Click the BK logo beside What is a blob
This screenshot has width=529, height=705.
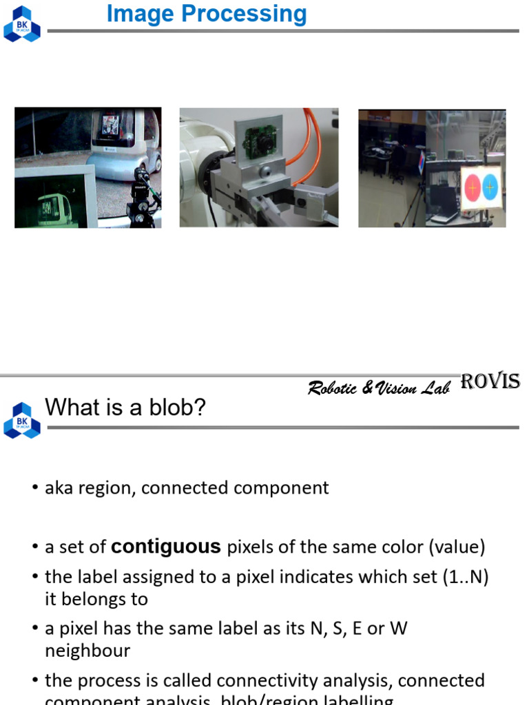22,420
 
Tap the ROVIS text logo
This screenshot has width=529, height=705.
490,381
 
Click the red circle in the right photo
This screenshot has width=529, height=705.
473,187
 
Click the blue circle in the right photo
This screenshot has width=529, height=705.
490,187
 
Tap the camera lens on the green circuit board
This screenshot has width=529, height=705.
264,143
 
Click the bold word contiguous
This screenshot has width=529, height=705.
166,547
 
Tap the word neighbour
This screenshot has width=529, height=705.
87,651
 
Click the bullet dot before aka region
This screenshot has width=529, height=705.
35,488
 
